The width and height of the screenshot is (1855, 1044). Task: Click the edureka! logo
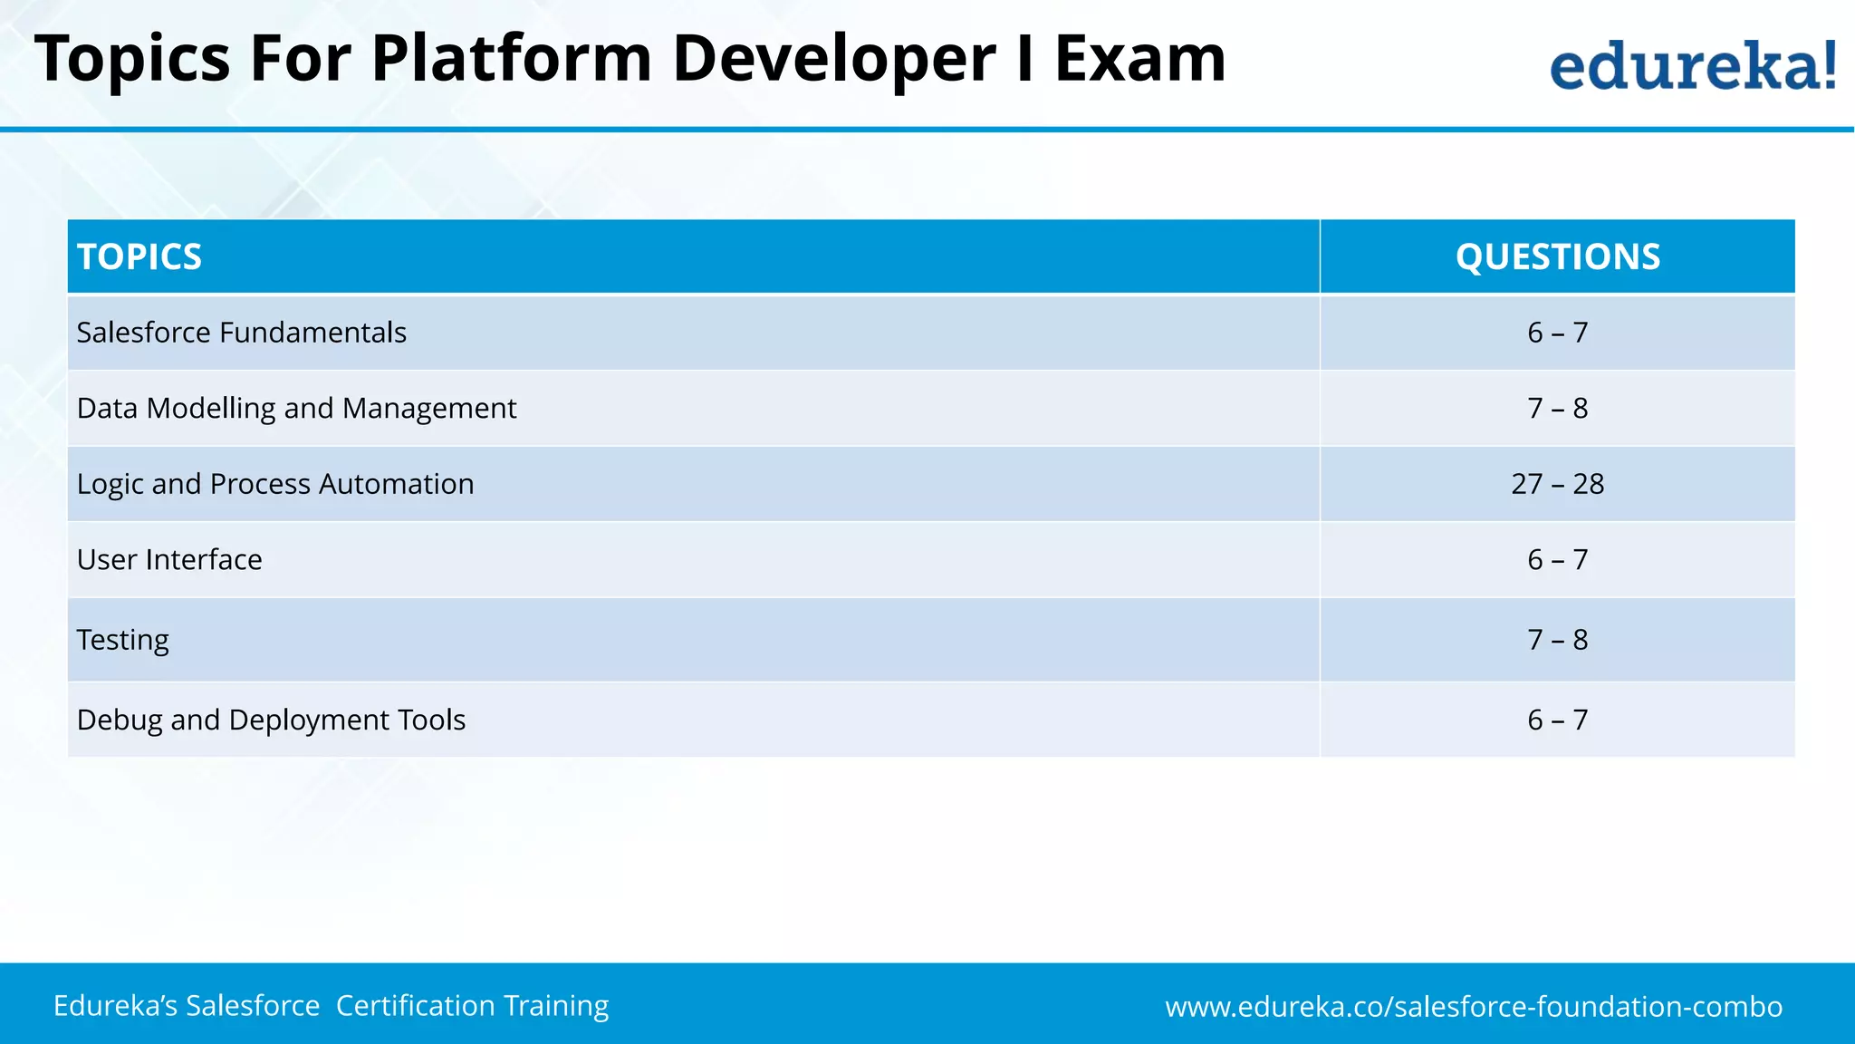pyautogui.click(x=1693, y=66)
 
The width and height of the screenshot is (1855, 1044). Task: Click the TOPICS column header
pyautogui.click(x=139, y=256)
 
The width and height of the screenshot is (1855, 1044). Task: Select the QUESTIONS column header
pyautogui.click(x=1557, y=256)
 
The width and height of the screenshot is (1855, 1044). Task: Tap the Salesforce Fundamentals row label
pyautogui.click(x=242, y=333)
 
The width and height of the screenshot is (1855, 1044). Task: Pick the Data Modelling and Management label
pyautogui.click(x=296, y=409)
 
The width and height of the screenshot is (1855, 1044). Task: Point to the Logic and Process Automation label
pyautogui.click(x=275, y=484)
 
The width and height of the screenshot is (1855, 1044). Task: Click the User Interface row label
pyautogui.click(x=169, y=560)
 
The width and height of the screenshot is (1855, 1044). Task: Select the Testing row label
pyautogui.click(x=123, y=640)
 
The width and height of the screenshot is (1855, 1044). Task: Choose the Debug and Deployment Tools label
pyautogui.click(x=271, y=720)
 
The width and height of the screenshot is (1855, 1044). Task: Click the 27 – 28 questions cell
pyautogui.click(x=1557, y=484)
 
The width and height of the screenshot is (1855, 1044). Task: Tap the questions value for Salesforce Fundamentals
pyautogui.click(x=1557, y=333)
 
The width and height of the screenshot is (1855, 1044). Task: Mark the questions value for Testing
pyautogui.click(x=1557, y=640)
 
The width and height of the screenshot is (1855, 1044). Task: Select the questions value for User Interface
pyautogui.click(x=1557, y=560)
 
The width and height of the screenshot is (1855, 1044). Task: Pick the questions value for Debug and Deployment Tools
pyautogui.click(x=1557, y=720)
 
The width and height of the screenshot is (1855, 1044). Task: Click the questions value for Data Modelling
pyautogui.click(x=1557, y=409)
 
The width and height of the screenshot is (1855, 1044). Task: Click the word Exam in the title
pyautogui.click(x=1139, y=59)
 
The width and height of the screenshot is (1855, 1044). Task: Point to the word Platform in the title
pyautogui.click(x=511, y=59)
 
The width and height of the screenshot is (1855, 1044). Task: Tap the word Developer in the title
pyautogui.click(x=833, y=59)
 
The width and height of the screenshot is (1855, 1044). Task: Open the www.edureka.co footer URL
pyautogui.click(x=1474, y=1007)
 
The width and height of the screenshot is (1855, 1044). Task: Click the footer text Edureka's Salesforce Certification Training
pyautogui.click(x=331, y=1006)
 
